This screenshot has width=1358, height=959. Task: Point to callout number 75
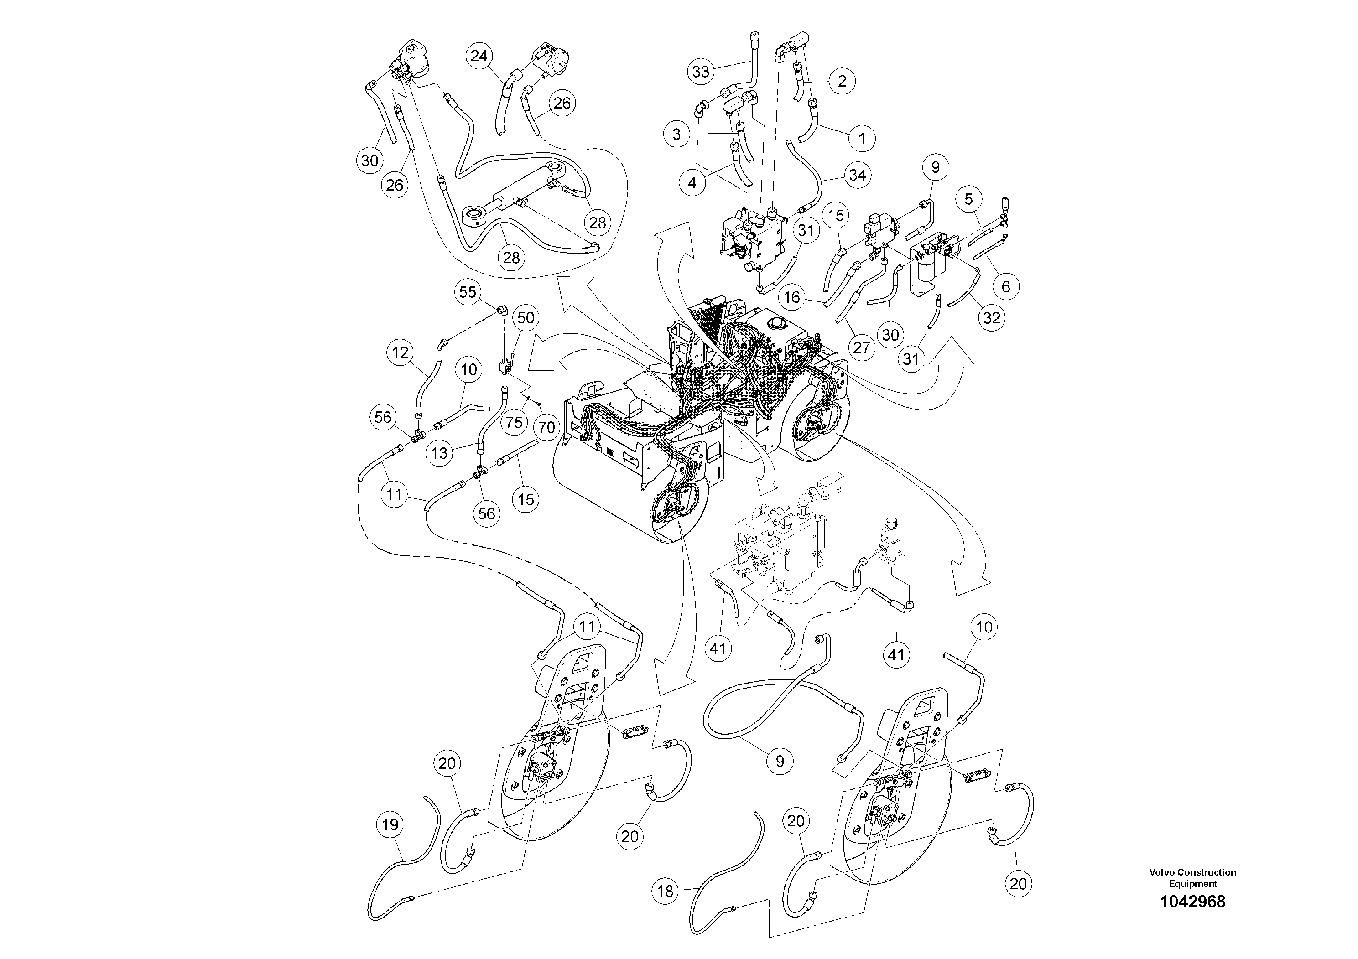515,422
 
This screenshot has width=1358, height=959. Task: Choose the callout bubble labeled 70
547,427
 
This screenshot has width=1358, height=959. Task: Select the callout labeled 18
666,891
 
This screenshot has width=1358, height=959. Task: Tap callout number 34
857,175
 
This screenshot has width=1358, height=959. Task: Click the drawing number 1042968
1192,902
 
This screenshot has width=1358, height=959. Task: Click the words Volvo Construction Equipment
1192,877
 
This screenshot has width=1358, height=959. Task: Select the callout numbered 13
439,453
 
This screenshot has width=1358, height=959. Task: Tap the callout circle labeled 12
401,353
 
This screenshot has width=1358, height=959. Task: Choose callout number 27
861,347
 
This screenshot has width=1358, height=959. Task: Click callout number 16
792,297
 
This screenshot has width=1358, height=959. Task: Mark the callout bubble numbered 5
968,199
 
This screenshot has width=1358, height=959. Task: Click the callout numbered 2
842,81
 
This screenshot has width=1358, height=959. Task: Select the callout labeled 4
692,183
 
